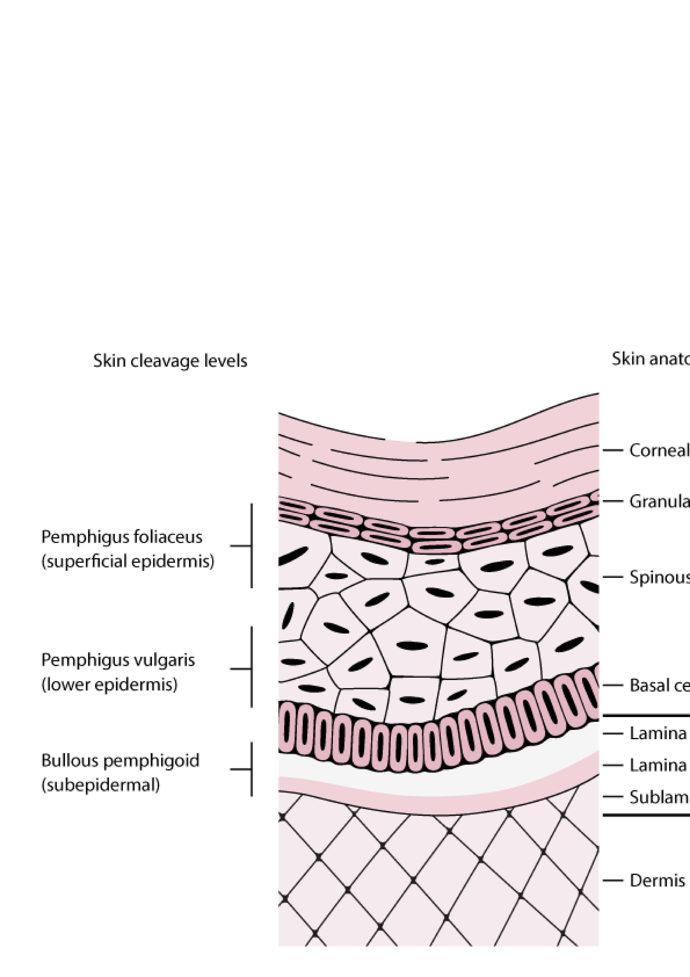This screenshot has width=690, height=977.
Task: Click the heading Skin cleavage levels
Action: [170, 361]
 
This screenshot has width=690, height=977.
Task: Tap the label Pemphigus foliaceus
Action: [122, 537]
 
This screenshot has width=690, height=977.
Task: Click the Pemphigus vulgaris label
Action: [118, 660]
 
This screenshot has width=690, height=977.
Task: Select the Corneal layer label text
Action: [659, 450]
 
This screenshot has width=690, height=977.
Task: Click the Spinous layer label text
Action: [659, 577]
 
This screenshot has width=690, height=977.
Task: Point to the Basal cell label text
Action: [659, 685]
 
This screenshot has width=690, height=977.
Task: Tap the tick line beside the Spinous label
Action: [613, 577]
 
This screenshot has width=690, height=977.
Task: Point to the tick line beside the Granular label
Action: [613, 501]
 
